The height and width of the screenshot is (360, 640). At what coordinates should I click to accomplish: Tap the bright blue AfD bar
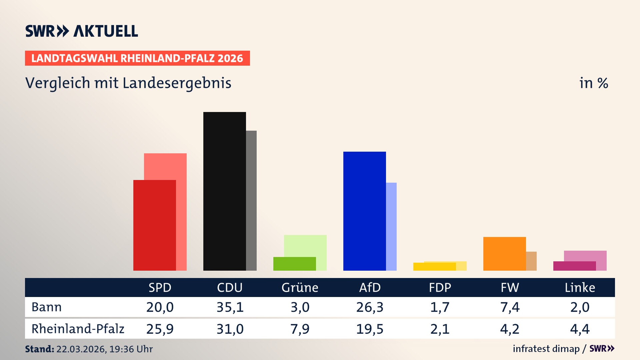pyautogui.click(x=364, y=211)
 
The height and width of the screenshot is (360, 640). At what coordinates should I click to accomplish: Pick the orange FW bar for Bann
pyautogui.click(x=504, y=254)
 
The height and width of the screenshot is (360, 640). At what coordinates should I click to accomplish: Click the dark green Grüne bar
pyautogui.click(x=294, y=264)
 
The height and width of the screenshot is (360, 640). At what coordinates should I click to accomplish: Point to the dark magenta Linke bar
pyautogui.click(x=574, y=266)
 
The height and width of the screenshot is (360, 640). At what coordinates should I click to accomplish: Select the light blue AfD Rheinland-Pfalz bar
pyautogui.click(x=391, y=227)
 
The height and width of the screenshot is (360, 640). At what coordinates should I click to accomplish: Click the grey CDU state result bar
pyautogui.click(x=251, y=200)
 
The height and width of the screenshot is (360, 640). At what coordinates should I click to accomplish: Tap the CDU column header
pyautogui.click(x=230, y=288)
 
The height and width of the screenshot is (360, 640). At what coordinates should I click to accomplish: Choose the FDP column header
pyautogui.click(x=440, y=288)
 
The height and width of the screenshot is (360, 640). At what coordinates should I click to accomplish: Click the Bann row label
pyautogui.click(x=46, y=307)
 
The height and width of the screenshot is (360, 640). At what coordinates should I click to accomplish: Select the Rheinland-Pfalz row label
pyautogui.click(x=78, y=329)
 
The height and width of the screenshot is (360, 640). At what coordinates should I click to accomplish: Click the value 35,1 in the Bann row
pyautogui.click(x=230, y=307)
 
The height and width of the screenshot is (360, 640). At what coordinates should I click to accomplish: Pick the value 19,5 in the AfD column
pyautogui.click(x=370, y=329)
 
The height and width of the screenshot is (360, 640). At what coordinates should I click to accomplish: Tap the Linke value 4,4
pyautogui.click(x=580, y=329)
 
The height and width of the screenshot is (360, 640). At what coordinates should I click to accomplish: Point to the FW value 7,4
pyautogui.click(x=510, y=307)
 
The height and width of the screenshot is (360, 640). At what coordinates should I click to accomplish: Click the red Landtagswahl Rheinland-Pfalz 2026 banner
pyautogui.click(x=137, y=58)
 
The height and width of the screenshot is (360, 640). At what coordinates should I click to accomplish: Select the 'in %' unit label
pyautogui.click(x=593, y=83)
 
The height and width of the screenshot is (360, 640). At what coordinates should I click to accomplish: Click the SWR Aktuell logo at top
pyautogui.click(x=81, y=31)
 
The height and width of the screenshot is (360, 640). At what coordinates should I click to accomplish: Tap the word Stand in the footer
pyautogui.click(x=39, y=349)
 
